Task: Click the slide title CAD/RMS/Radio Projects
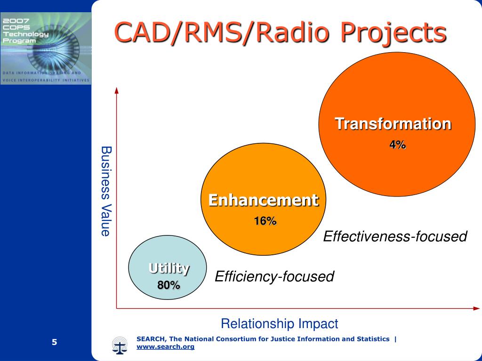(x=280, y=33)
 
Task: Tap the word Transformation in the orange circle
(x=393, y=124)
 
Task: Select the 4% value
(x=398, y=145)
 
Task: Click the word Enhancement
(x=264, y=200)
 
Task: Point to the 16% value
(x=265, y=221)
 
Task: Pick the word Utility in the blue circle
(x=169, y=268)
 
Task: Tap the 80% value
(x=169, y=285)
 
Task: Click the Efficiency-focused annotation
(x=274, y=276)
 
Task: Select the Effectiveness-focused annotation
(x=395, y=236)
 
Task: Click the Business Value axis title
(x=106, y=191)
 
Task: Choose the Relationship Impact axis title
(x=280, y=323)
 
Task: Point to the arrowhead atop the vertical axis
(x=117, y=90)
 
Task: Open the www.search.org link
(x=165, y=346)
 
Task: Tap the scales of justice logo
(x=119, y=345)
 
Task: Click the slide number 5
(x=55, y=342)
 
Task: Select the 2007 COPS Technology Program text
(x=25, y=31)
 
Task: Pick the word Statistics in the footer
(x=373, y=339)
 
